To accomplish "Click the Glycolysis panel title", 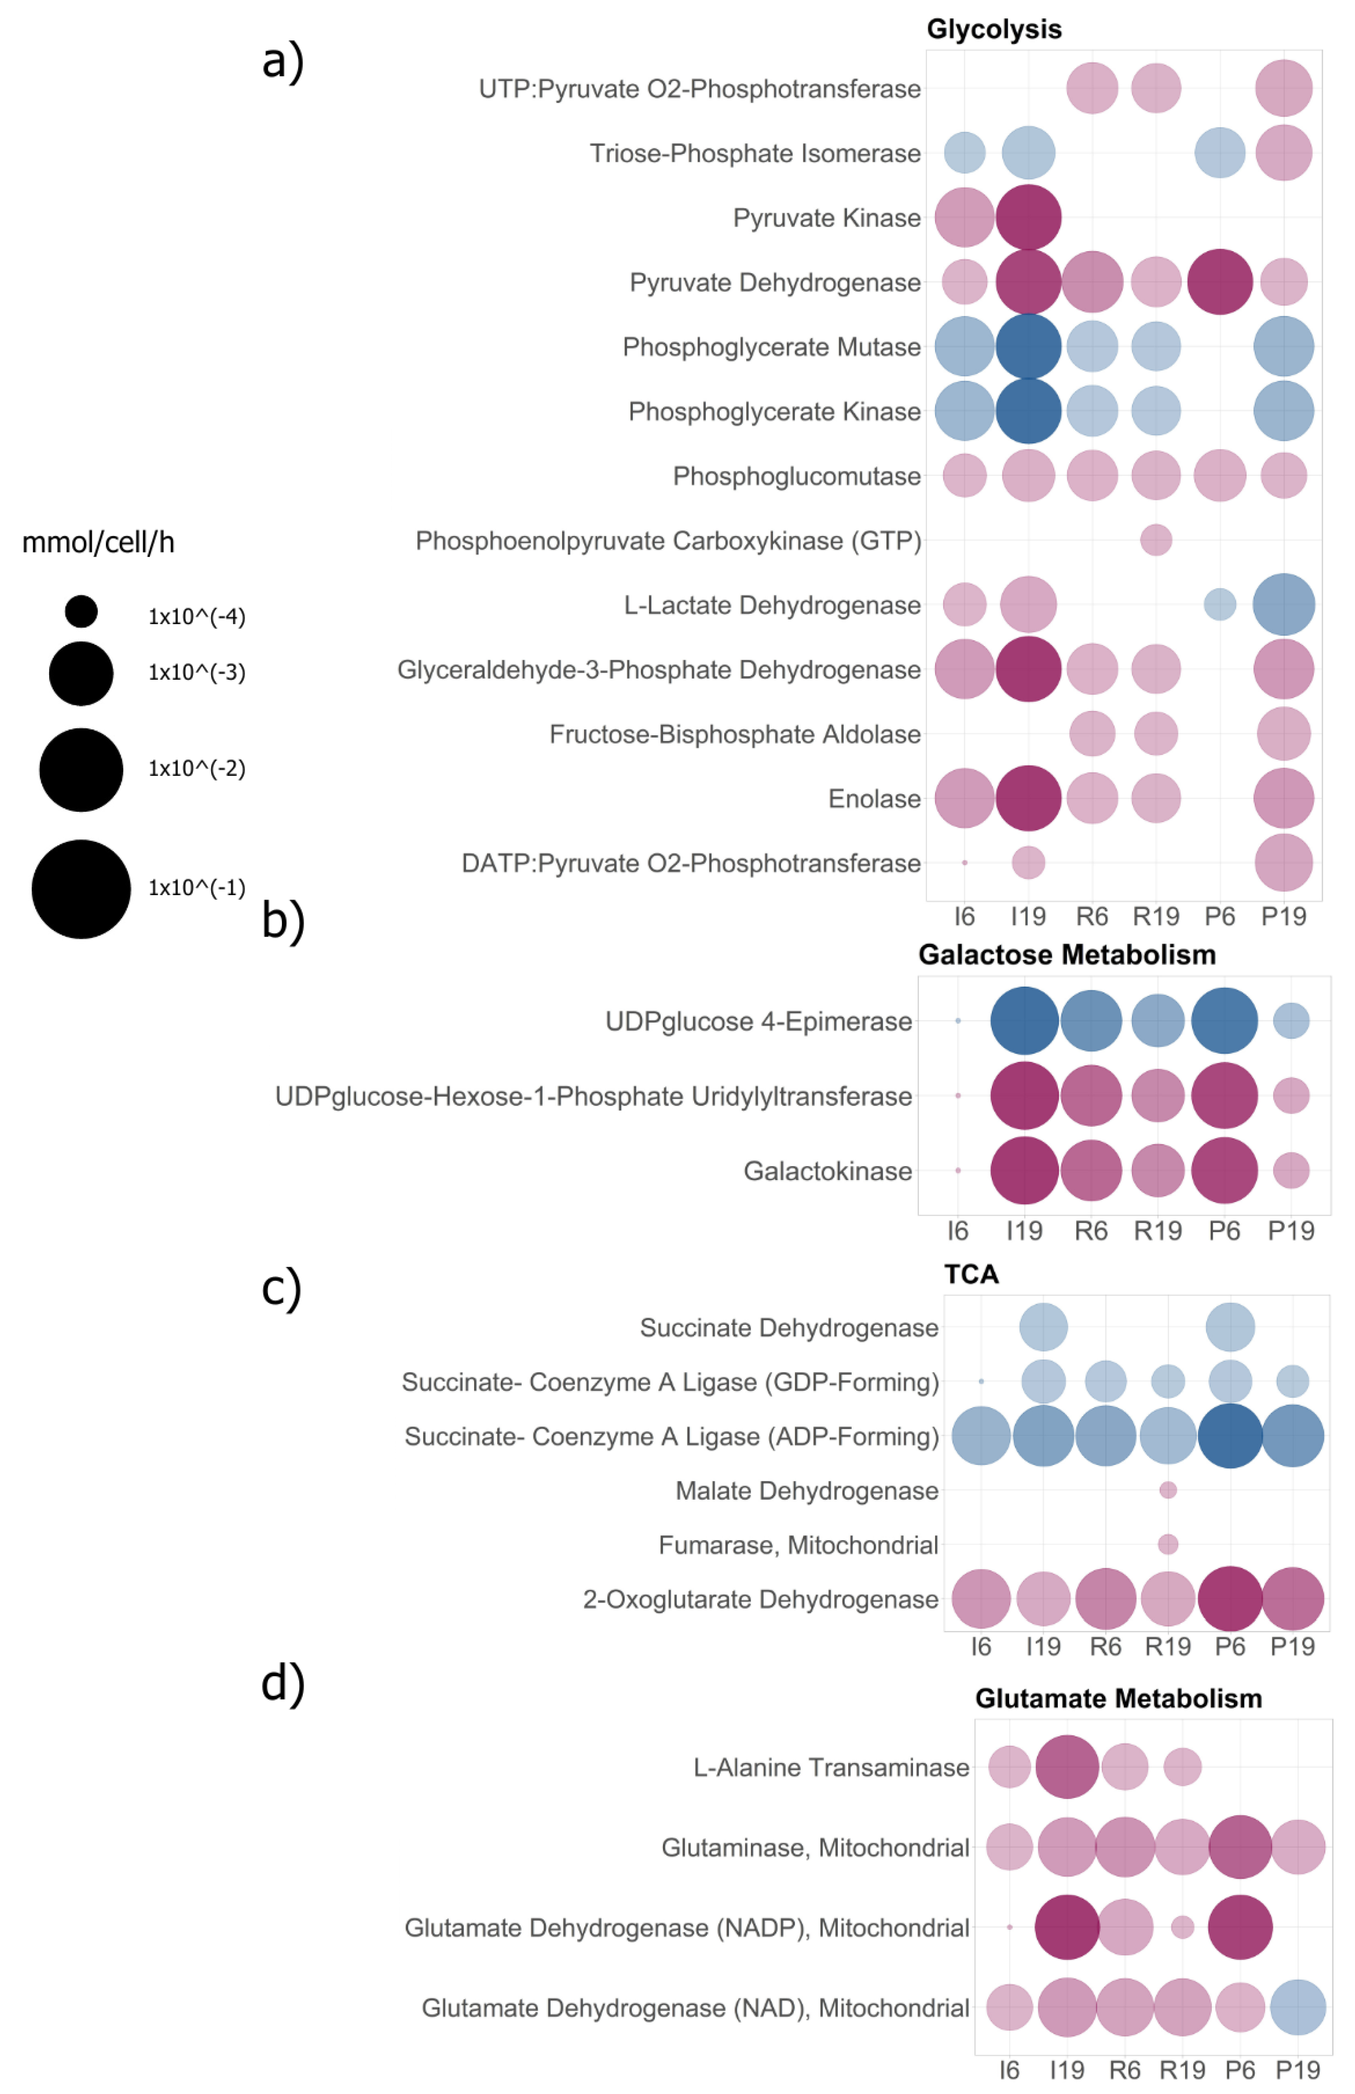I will [994, 29].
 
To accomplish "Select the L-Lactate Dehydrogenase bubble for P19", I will [1284, 605].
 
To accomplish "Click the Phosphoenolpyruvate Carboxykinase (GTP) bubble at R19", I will [1156, 540].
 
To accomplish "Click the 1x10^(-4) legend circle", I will [81, 612].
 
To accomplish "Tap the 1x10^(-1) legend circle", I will [81, 888].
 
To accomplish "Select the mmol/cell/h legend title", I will [98, 543].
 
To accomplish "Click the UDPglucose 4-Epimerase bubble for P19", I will [1291, 1020].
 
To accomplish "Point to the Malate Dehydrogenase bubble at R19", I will [1168, 1490].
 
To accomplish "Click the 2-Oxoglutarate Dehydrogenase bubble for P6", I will [1230, 1599].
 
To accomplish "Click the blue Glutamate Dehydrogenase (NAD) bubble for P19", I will [1298, 2008].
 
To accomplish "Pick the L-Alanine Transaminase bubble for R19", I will [1183, 1767].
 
